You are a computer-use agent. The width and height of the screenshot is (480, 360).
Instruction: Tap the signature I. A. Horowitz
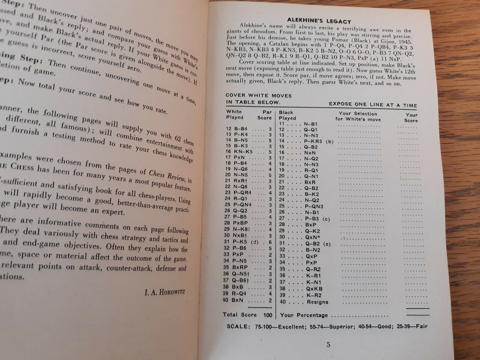tap(165, 292)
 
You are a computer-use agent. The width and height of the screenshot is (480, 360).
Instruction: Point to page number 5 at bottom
tap(328, 345)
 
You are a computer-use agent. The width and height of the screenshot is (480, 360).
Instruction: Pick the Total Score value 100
tap(268, 315)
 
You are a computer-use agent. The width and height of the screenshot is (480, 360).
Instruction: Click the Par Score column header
tap(265, 115)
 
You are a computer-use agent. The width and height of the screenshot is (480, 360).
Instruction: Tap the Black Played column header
tap(287, 115)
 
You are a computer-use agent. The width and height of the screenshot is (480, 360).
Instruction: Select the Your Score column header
tap(411, 118)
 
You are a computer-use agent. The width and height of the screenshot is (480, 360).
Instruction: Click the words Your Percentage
tap(304, 315)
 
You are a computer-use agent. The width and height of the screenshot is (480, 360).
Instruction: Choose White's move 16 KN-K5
tap(239, 152)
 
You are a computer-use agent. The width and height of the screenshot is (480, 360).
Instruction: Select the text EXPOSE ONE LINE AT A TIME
tap(373, 105)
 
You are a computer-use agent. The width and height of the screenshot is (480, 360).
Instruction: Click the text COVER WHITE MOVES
tap(258, 95)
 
